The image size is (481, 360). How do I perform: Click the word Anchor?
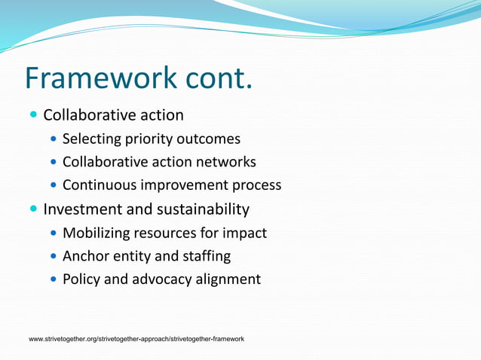click(87, 256)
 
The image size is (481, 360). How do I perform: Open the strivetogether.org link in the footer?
click(136, 340)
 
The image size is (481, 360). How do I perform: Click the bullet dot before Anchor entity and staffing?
click(53, 256)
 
